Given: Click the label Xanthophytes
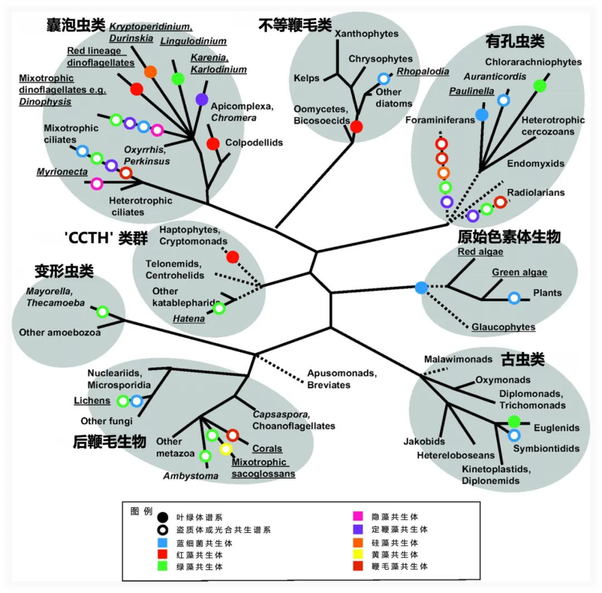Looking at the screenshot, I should [x=367, y=34].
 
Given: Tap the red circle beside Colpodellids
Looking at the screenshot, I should [x=213, y=143].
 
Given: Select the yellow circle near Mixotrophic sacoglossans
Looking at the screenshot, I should [x=225, y=449].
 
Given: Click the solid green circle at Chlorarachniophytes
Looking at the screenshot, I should [x=540, y=86].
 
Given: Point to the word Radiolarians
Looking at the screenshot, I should [x=536, y=193].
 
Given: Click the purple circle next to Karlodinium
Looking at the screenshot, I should [x=202, y=100].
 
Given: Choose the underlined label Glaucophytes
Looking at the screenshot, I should [x=503, y=327].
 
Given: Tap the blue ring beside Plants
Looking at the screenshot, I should [x=514, y=298].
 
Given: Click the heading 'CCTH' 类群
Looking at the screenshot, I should [x=106, y=238].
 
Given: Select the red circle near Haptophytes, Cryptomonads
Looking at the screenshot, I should [x=233, y=257].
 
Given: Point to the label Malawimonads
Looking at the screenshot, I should [x=458, y=360].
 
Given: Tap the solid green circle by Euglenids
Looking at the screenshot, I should [x=514, y=422].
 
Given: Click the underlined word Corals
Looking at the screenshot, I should [x=267, y=449].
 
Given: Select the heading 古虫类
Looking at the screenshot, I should [x=522, y=359].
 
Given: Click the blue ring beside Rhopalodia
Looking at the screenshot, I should [x=383, y=79].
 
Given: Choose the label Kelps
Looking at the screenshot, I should [x=306, y=79].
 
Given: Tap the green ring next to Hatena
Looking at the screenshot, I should [x=219, y=308].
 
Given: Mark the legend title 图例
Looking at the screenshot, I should [x=141, y=511].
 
